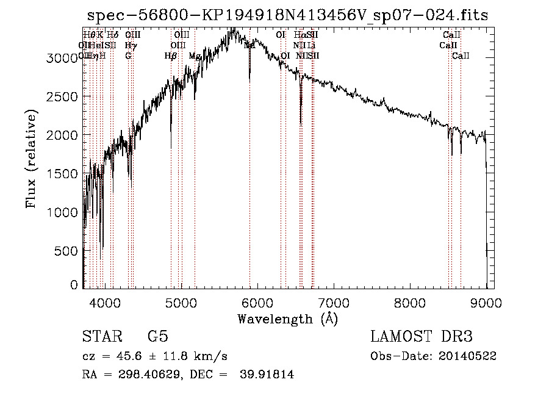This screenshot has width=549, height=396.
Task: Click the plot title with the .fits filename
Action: pyautogui.click(x=288, y=15)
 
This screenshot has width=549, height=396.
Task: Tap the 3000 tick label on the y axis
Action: pyautogui.click(x=63, y=58)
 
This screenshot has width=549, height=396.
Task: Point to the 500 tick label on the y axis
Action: pyautogui.click(x=68, y=251)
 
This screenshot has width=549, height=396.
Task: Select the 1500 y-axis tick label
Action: pyautogui.click(x=63, y=174)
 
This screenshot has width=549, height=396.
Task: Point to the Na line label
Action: pyautogui.click(x=249, y=45)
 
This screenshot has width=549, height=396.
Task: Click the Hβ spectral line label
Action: pyautogui.click(x=171, y=56)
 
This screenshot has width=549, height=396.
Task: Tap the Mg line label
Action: pyautogui.click(x=195, y=56)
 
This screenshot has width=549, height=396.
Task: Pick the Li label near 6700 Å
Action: pyautogui.click(x=311, y=45)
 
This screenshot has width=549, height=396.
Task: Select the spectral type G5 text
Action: pyautogui.click(x=157, y=337)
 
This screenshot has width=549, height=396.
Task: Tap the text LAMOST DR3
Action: pyautogui.click(x=422, y=337)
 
